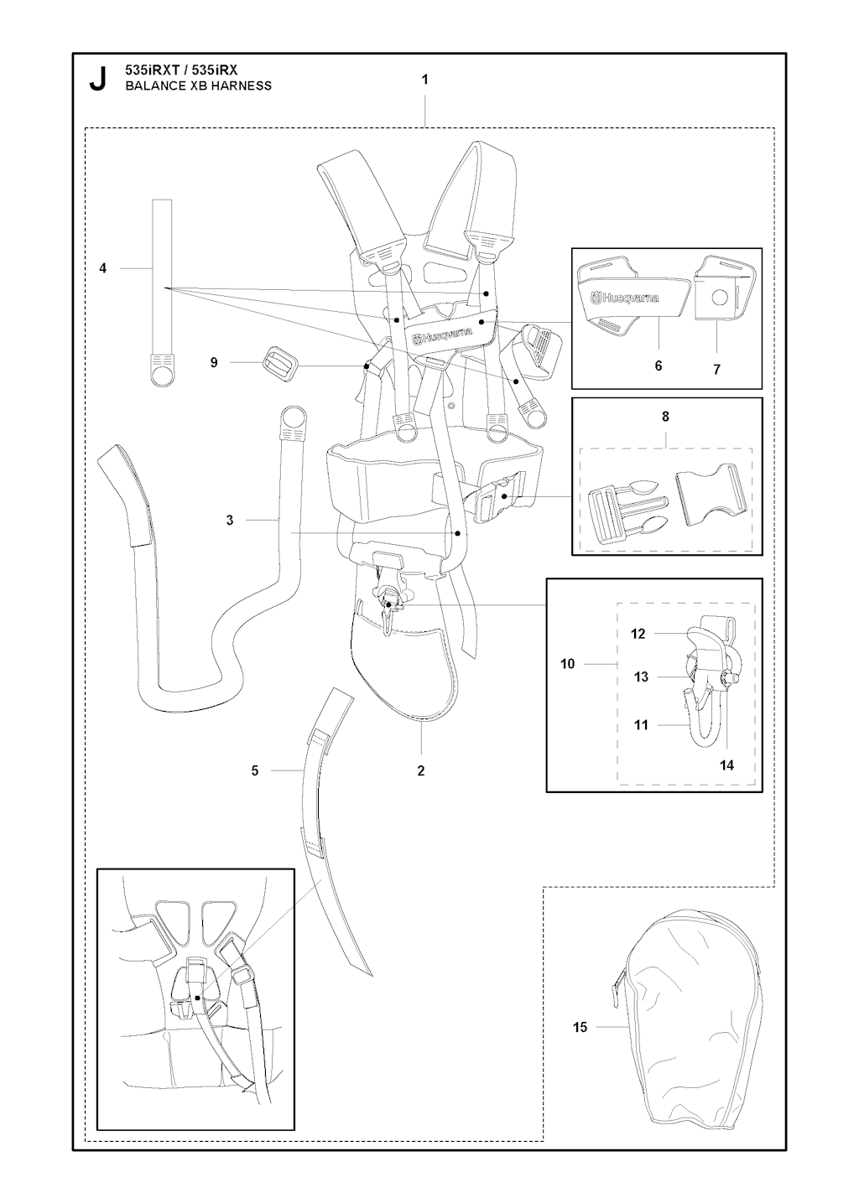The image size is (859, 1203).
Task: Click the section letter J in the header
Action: point(97,79)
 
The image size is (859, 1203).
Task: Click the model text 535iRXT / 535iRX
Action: point(181,70)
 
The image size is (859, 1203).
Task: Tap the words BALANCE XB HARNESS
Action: point(198,86)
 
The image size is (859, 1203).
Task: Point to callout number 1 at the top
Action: point(424,80)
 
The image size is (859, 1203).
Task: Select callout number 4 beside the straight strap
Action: point(102,268)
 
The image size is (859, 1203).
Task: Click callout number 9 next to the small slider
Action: point(214,362)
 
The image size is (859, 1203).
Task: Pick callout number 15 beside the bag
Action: point(580,1028)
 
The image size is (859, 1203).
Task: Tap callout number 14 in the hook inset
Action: point(726,765)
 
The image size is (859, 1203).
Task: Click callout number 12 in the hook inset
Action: point(638,634)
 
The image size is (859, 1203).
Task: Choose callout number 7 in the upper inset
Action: point(716,370)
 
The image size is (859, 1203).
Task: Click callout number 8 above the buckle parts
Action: point(665,416)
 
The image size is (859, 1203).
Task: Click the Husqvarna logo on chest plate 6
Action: point(624,298)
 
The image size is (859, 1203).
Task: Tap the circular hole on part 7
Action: point(719,297)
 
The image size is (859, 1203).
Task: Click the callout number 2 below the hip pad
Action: point(420,770)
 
